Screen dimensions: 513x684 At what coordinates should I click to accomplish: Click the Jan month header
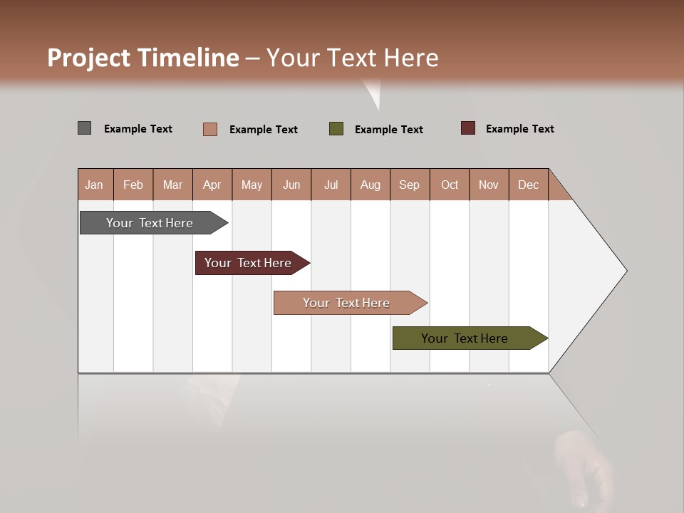(95, 185)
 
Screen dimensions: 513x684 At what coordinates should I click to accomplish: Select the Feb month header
(133, 185)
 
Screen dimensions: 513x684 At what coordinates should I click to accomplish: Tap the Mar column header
(172, 185)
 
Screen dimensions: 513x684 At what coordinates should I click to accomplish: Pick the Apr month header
(212, 185)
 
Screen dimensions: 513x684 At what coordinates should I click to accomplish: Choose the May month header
(252, 185)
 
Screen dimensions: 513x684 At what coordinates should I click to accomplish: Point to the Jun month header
(291, 185)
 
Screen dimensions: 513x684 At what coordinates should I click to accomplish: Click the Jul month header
(331, 185)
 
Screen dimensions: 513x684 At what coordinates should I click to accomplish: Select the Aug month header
(370, 185)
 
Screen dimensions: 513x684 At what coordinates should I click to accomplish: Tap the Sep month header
(410, 185)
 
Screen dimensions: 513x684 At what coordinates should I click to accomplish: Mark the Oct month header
(450, 185)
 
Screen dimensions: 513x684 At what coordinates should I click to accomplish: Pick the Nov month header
(489, 185)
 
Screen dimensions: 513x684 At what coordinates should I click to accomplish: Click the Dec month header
(529, 185)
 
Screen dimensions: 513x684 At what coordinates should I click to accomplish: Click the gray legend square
(84, 128)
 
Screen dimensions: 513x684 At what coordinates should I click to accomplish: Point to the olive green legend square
(336, 129)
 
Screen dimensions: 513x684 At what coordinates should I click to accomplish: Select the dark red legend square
(467, 128)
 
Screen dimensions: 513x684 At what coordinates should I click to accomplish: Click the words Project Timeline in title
(143, 58)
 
